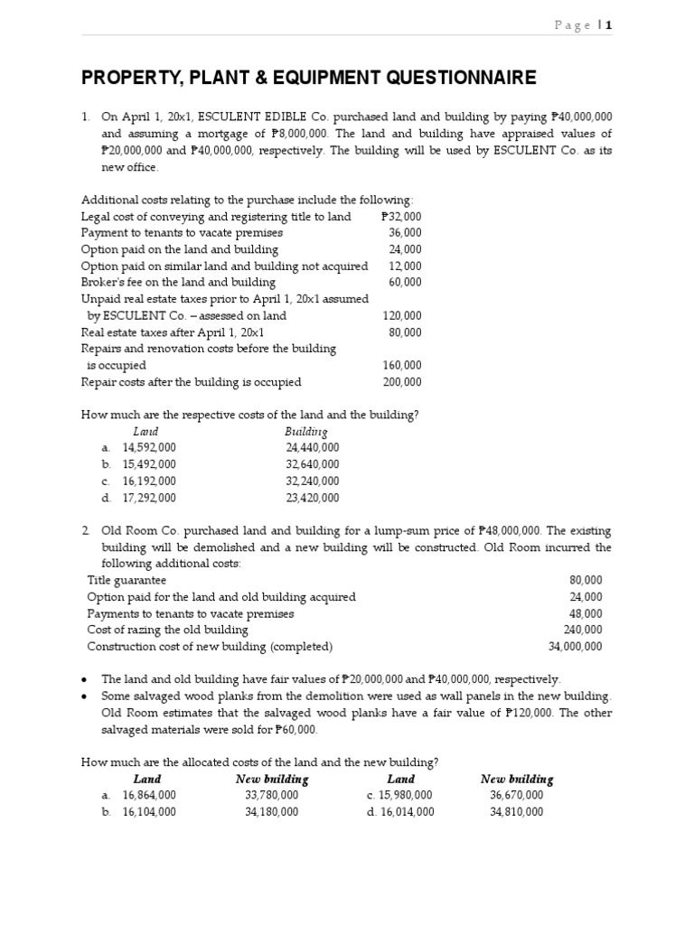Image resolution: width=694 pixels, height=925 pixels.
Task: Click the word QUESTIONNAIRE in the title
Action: [x=453, y=79]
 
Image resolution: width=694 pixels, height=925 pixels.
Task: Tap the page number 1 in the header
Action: [x=609, y=25]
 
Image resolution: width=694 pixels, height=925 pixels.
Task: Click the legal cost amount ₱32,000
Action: [x=401, y=217]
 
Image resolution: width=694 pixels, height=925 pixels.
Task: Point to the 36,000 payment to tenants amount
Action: [x=405, y=233]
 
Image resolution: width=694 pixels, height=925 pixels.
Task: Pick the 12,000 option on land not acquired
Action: [x=405, y=266]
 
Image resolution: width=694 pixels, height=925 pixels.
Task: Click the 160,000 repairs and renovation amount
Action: [x=402, y=366]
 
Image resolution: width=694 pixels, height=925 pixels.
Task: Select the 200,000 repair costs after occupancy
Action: [x=402, y=382]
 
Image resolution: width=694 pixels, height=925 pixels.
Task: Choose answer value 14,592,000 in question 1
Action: [x=150, y=448]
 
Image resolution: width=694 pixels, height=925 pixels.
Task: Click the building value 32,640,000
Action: [x=313, y=464]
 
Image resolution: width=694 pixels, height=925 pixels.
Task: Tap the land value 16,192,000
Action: [x=150, y=481]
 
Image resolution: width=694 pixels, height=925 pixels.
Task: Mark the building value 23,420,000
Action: [x=313, y=498]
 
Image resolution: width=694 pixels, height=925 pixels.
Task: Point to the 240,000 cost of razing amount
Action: [x=583, y=630]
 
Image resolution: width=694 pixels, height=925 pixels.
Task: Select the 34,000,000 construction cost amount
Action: [x=576, y=647]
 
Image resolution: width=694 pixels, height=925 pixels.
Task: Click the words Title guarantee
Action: [x=127, y=580]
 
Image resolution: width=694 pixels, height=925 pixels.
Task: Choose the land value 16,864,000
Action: [x=150, y=795]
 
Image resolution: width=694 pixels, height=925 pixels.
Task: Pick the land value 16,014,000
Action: [x=408, y=812]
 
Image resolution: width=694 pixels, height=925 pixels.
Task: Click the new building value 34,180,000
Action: [x=271, y=812]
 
